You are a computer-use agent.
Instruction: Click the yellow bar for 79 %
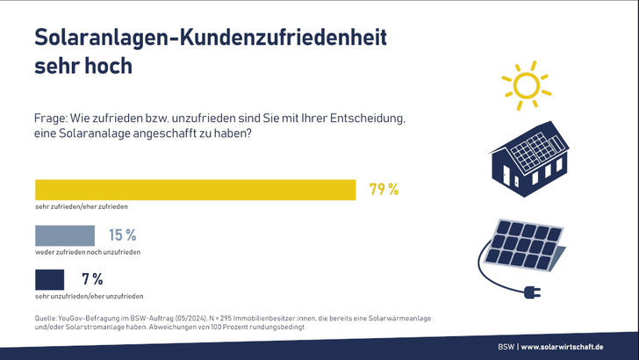point(195,190)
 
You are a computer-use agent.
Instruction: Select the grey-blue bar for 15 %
point(64,235)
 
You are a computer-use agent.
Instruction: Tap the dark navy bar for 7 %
point(51,280)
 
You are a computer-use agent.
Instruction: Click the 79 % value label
point(384,190)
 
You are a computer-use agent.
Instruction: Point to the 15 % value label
point(122,235)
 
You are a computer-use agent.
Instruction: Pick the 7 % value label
point(92,280)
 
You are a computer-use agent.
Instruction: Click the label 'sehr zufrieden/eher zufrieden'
point(82,206)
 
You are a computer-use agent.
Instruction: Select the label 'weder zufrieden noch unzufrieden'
point(88,252)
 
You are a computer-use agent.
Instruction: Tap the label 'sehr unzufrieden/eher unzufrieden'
point(89,297)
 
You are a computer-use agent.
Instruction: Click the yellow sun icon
point(524,85)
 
